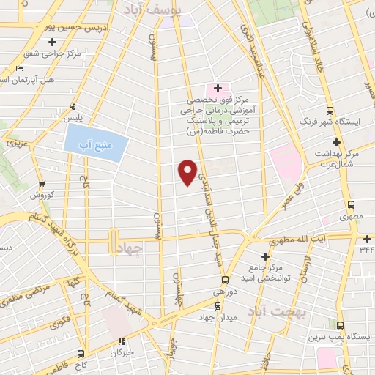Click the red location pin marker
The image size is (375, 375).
tap(188, 171)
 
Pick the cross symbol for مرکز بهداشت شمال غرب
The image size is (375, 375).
tap(336, 141)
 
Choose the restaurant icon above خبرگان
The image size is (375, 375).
tap(122, 340)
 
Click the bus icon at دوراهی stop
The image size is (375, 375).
tap(225, 279)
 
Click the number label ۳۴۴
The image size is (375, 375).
tap(365, 249)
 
